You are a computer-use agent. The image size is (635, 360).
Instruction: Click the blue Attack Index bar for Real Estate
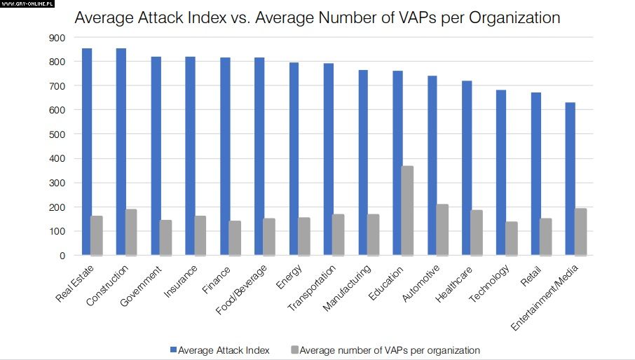(x=87, y=151)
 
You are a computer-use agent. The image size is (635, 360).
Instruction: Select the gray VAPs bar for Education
(x=408, y=210)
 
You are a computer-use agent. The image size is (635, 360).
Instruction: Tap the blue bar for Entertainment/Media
(x=570, y=179)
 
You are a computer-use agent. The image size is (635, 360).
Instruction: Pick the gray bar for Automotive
(x=442, y=230)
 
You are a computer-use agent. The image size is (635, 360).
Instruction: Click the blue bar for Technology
(x=501, y=172)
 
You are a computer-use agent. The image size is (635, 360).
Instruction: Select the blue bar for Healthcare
(x=467, y=168)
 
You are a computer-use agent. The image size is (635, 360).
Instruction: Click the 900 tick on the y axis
(x=55, y=38)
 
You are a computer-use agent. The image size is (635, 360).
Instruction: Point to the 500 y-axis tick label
(x=55, y=134)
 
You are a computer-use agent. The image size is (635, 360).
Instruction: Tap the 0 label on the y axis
(x=61, y=256)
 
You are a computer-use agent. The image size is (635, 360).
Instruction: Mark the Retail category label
(x=531, y=277)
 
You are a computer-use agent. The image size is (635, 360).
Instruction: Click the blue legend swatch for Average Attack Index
(x=173, y=349)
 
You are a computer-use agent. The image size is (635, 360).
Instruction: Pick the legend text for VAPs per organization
(x=389, y=349)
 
